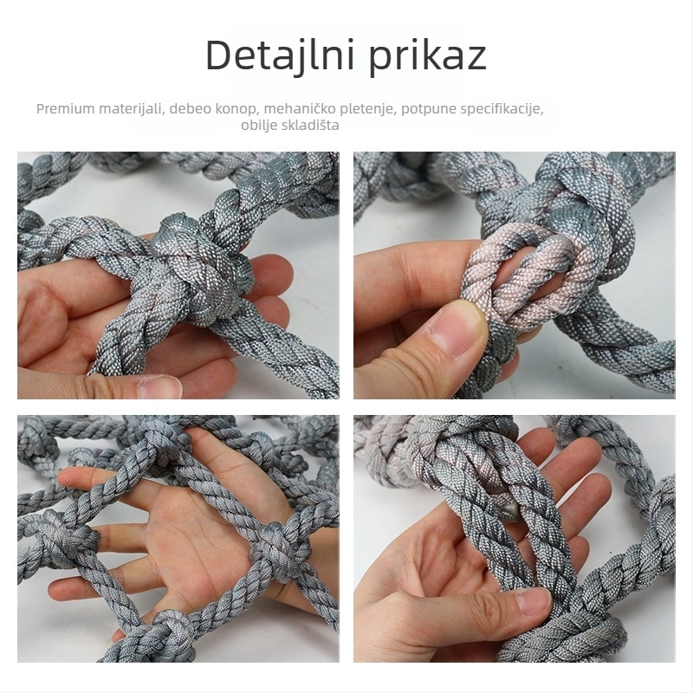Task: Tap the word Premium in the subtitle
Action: point(63,109)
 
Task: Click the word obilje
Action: point(260,126)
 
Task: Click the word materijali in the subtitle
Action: point(130,109)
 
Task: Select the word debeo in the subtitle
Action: point(191,109)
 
